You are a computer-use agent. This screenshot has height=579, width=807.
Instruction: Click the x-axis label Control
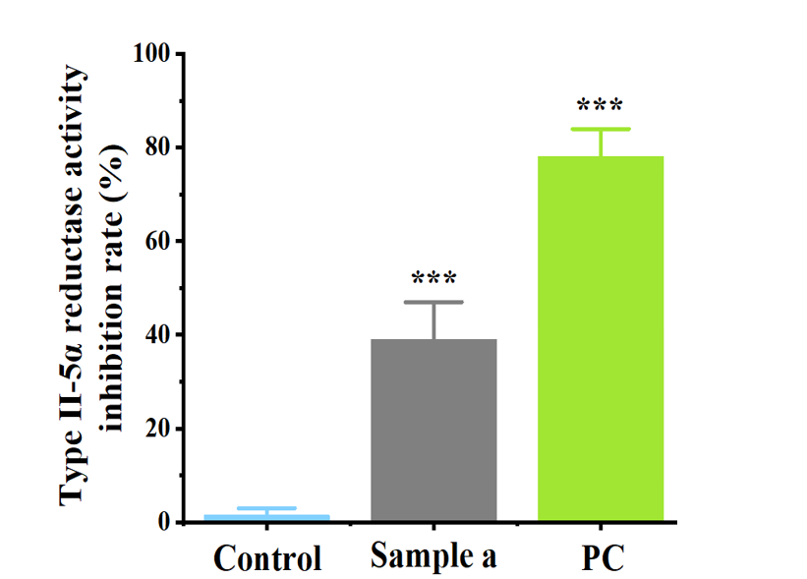[x=267, y=558]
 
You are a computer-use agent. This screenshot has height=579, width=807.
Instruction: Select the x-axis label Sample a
[x=433, y=556]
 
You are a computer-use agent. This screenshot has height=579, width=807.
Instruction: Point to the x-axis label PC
[x=601, y=557]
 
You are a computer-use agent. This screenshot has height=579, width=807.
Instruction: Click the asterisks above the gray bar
[x=433, y=278]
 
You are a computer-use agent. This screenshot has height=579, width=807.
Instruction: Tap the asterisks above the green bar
[x=601, y=105]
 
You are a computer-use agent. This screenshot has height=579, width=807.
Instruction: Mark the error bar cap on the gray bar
[x=433, y=302]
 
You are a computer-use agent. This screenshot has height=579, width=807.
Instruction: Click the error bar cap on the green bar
[x=601, y=129]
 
